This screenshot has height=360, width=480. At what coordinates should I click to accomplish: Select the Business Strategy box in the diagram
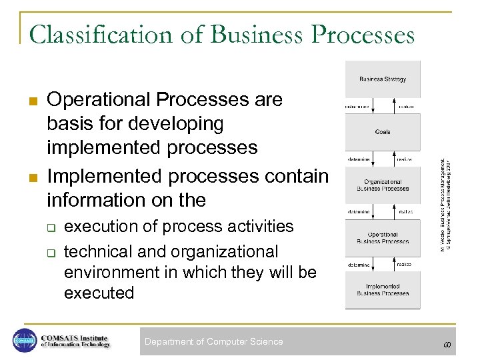tap(383, 79)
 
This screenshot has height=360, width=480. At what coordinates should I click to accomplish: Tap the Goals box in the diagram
tap(383, 132)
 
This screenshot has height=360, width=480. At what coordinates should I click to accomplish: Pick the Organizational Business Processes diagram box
tap(383, 185)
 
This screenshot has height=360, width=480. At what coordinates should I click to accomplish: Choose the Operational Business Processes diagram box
tap(383, 238)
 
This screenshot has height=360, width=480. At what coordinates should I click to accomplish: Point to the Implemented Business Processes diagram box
tap(383, 290)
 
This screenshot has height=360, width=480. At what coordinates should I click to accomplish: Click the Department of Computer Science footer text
tap(213, 342)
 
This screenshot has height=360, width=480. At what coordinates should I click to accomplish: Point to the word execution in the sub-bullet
tap(101, 226)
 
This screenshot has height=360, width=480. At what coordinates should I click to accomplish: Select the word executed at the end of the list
tap(99, 293)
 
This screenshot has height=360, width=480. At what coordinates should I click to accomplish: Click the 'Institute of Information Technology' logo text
tap(74, 344)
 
